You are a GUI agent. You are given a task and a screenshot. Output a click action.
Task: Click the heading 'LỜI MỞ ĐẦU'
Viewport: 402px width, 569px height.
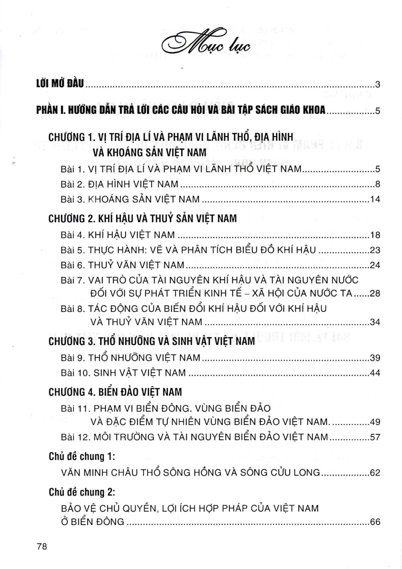(x=59, y=85)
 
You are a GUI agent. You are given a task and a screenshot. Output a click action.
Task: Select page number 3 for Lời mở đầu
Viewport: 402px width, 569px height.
(x=378, y=85)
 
